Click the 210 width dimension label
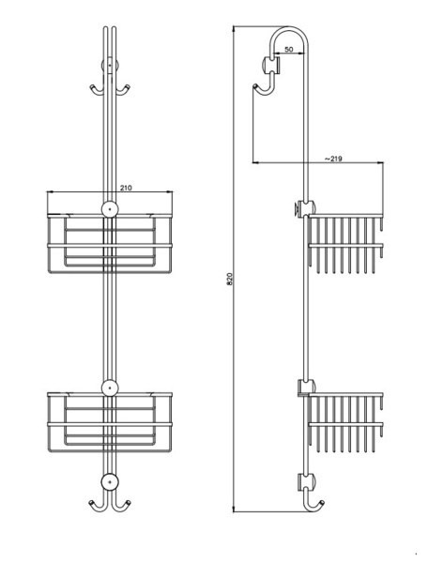[126, 188]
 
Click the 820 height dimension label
[230, 279]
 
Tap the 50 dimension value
[289, 50]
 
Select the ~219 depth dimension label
[333, 159]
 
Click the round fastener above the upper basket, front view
[110, 209]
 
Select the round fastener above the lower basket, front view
[110, 388]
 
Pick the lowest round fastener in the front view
[110, 481]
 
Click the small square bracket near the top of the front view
[110, 66]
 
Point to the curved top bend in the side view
[289, 29]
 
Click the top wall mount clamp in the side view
[271, 66]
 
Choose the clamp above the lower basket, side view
[306, 388]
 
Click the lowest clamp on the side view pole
[306, 482]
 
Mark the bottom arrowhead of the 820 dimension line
[234, 510]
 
